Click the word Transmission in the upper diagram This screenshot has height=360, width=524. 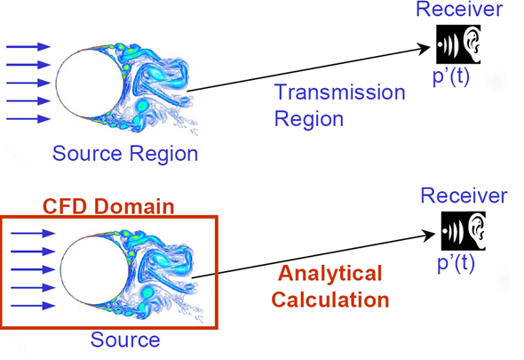pyautogui.click(x=339, y=92)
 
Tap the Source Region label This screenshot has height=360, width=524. pyautogui.click(x=125, y=153)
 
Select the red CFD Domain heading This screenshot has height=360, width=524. pyautogui.click(x=108, y=206)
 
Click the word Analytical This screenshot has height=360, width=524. pyautogui.click(x=330, y=273)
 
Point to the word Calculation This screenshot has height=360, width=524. pyautogui.click(x=330, y=299)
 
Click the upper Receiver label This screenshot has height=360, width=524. pyautogui.click(x=459, y=9)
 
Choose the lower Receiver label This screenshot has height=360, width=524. pyautogui.click(x=464, y=196)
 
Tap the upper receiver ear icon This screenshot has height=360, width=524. pyautogui.click(x=458, y=44)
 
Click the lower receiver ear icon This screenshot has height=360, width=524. pyautogui.click(x=464, y=231)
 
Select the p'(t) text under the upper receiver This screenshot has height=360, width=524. pyautogui.click(x=451, y=76)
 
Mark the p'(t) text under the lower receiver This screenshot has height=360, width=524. pyautogui.click(x=456, y=263)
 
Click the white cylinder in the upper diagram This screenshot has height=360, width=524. pyautogui.click(x=90, y=84)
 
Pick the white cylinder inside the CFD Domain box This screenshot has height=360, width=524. pyautogui.click(x=94, y=269)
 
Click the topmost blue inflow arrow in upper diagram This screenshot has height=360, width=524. pyautogui.click(x=28, y=47)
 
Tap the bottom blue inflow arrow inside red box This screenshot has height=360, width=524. pyautogui.click(x=33, y=306)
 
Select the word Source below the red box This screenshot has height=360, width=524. pyautogui.click(x=125, y=340)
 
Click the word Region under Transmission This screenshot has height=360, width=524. pyautogui.click(x=309, y=119)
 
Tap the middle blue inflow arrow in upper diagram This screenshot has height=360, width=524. pyautogui.click(x=28, y=83)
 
